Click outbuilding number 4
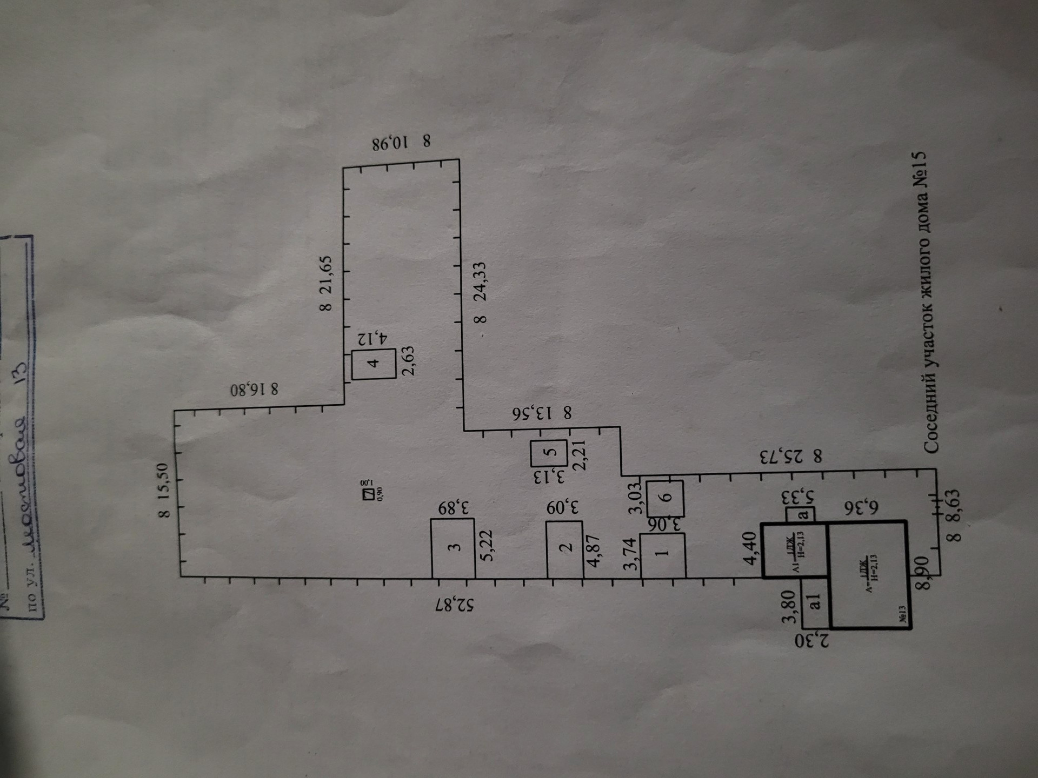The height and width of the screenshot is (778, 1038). [374, 364]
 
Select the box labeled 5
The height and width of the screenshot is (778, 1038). [548, 453]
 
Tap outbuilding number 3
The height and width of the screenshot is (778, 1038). [453, 547]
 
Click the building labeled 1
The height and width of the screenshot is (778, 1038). [663, 554]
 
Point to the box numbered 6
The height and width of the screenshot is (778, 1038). [665, 498]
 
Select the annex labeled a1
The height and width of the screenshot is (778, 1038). [815, 602]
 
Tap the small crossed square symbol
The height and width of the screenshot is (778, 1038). [368, 494]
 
